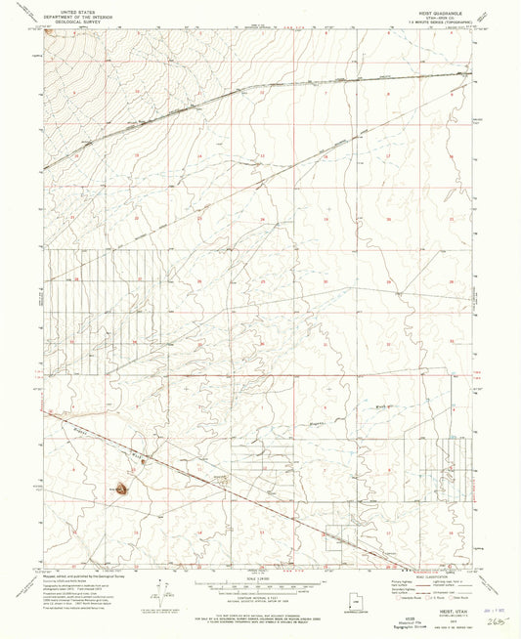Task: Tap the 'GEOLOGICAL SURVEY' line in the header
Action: [x=86, y=19]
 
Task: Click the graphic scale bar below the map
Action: [x=260, y=586]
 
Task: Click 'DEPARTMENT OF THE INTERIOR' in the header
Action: [x=86, y=13]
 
